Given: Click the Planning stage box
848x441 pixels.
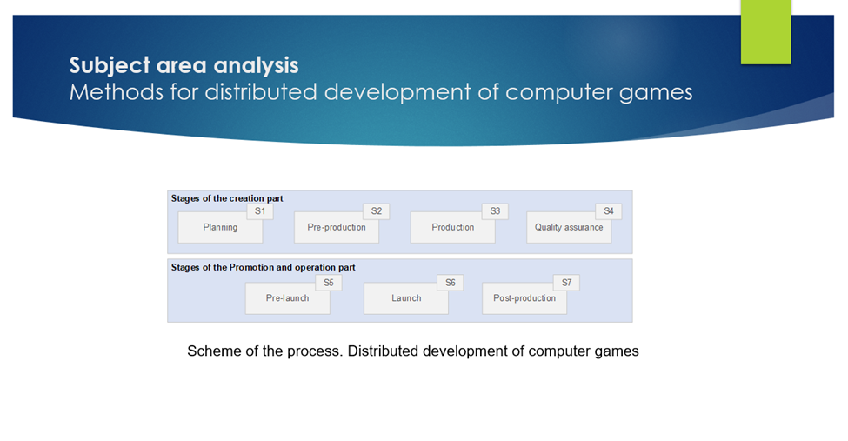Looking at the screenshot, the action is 220,227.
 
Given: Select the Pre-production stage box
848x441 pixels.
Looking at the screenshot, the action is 337,227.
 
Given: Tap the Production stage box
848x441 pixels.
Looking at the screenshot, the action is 452,227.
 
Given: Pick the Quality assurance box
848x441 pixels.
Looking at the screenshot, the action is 569,227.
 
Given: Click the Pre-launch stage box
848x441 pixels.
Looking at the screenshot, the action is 287,298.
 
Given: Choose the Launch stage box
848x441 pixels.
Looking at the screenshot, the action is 406,298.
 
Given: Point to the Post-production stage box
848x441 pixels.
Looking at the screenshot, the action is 524,298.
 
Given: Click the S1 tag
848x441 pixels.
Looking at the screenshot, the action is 260,211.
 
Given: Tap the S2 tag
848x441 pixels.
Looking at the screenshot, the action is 377,211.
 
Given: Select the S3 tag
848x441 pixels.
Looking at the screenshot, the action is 495,211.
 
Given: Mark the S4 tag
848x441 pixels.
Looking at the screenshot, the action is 609,211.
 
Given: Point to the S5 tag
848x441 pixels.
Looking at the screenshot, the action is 329,283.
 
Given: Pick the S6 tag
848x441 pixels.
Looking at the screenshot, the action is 450,283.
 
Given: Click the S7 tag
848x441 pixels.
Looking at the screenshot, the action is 566,283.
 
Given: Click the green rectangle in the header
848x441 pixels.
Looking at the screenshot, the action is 765,32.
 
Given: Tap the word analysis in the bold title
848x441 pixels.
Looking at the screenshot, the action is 256,65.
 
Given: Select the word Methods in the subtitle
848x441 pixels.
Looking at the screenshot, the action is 117,92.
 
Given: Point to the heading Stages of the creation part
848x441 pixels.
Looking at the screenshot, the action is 227,198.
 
